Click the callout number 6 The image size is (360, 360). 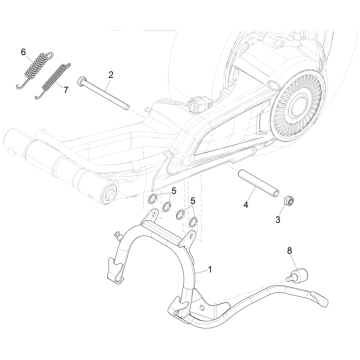click(x=23, y=49)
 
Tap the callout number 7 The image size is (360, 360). click(x=66, y=90)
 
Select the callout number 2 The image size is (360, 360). click(x=111, y=74)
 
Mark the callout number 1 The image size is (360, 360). click(x=210, y=270)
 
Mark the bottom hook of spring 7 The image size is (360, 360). click(x=37, y=100)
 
